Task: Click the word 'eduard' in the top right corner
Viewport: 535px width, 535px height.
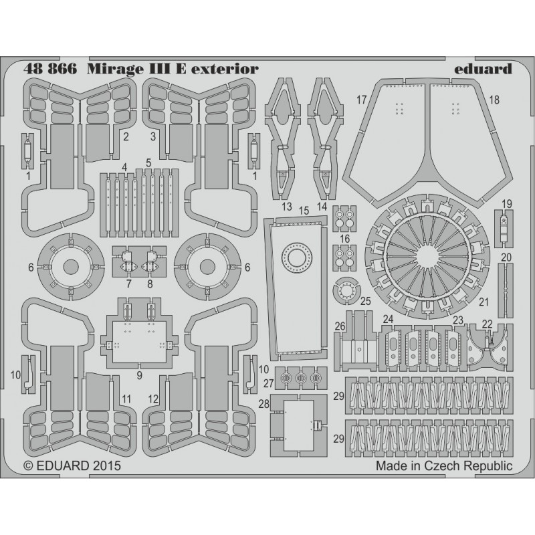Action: click(x=483, y=69)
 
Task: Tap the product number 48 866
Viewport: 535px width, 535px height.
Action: click(x=50, y=69)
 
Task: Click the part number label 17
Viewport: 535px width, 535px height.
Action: click(x=361, y=100)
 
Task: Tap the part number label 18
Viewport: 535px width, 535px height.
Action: click(x=494, y=100)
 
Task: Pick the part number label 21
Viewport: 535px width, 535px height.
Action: click(x=484, y=302)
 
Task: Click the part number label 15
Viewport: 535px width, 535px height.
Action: click(x=304, y=211)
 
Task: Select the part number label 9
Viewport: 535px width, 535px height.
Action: click(x=139, y=375)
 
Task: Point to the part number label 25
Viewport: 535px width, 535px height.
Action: click(x=365, y=302)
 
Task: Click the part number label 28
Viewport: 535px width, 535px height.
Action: click(x=263, y=404)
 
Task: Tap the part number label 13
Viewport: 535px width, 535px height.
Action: click(x=287, y=207)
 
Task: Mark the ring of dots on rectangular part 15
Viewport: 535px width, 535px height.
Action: click(x=296, y=258)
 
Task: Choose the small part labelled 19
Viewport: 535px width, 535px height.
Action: click(x=504, y=229)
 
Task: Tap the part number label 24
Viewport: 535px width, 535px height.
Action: click(x=389, y=319)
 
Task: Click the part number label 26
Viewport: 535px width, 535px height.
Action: click(x=340, y=326)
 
